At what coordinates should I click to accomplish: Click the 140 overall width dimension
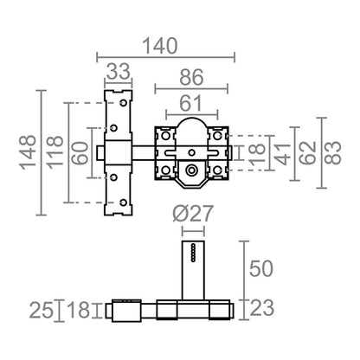click(160, 46)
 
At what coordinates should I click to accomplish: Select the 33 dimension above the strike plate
click(119, 72)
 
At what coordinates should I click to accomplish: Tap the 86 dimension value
click(191, 77)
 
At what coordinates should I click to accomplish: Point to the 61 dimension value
click(191, 103)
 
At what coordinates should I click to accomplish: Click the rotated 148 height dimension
click(28, 152)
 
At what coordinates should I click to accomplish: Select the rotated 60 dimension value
click(80, 153)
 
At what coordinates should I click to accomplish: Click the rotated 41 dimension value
click(282, 153)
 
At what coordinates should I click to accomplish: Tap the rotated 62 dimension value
click(308, 153)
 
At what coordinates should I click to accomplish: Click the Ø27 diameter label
click(193, 214)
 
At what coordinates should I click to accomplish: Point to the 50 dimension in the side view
click(261, 268)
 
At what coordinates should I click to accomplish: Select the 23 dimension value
click(261, 308)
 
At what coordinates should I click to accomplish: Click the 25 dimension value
click(42, 310)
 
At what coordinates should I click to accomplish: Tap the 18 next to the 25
click(79, 310)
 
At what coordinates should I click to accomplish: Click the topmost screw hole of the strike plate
click(124, 103)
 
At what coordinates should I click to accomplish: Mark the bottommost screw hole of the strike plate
click(124, 202)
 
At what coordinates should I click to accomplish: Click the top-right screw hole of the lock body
click(217, 135)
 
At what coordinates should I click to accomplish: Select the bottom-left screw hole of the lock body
click(165, 170)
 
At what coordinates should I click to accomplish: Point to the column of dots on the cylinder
click(193, 253)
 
